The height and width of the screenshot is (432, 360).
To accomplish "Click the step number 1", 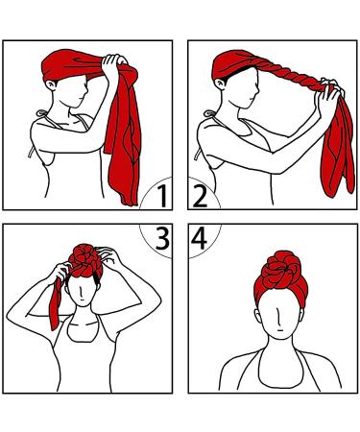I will coord(163,198).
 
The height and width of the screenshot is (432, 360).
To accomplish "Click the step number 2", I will coord(201,198).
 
